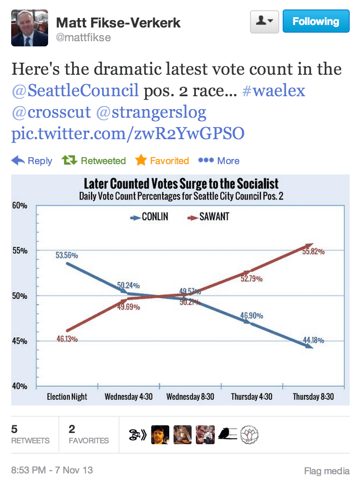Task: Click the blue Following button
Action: [316, 21]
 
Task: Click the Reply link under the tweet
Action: [32, 161]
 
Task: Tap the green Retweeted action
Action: [94, 161]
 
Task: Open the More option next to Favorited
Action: [219, 161]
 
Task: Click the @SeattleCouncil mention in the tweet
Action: [75, 91]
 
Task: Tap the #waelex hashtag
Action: [274, 91]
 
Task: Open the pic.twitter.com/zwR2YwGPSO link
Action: [128, 134]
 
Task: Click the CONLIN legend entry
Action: [150, 217]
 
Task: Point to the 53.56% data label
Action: [67, 255]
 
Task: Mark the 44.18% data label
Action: [313, 341]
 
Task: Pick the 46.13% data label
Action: [67, 339]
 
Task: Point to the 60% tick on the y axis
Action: [20, 206]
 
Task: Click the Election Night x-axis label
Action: [67, 397]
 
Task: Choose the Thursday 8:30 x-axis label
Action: [313, 397]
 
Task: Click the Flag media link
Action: [326, 471]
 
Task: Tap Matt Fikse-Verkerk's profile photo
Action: [29, 28]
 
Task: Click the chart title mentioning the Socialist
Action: [181, 184]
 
